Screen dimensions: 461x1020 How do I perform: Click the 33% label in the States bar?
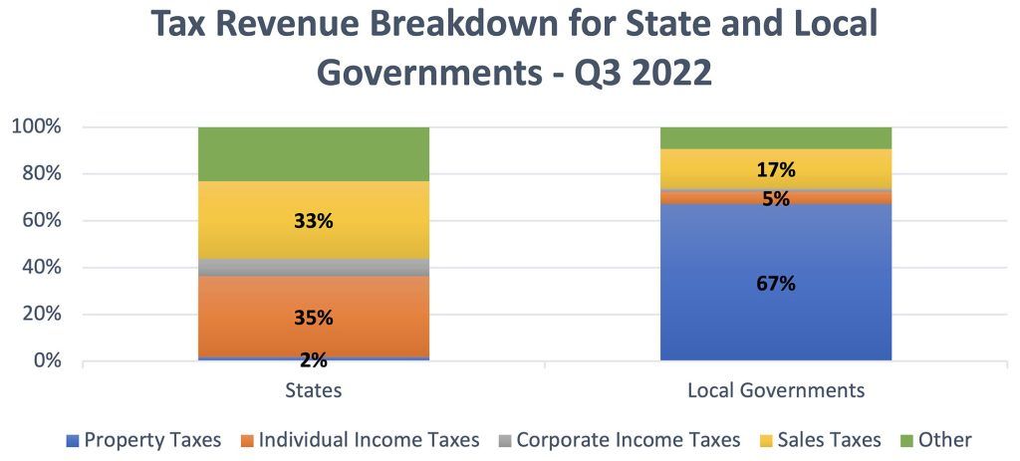coord(313,221)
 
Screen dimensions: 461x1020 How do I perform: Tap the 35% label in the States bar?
coord(313,318)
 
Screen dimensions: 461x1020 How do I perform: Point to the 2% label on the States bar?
coord(313,360)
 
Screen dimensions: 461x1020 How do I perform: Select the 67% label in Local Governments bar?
coord(775,284)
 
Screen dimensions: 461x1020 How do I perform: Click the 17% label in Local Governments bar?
coord(775,169)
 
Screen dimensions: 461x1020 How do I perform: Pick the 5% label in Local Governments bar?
coord(775,198)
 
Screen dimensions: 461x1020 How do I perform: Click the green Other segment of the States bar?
coord(313,153)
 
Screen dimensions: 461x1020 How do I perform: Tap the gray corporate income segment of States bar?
coord(313,267)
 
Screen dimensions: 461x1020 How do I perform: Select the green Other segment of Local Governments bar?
coord(775,137)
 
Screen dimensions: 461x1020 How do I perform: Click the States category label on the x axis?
coord(313,390)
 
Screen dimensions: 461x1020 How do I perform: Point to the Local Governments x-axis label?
coord(775,390)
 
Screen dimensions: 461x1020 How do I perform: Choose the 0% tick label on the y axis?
coord(45,360)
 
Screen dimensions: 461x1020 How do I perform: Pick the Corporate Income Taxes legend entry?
coord(619,439)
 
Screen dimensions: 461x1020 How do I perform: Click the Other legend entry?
coord(937,439)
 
